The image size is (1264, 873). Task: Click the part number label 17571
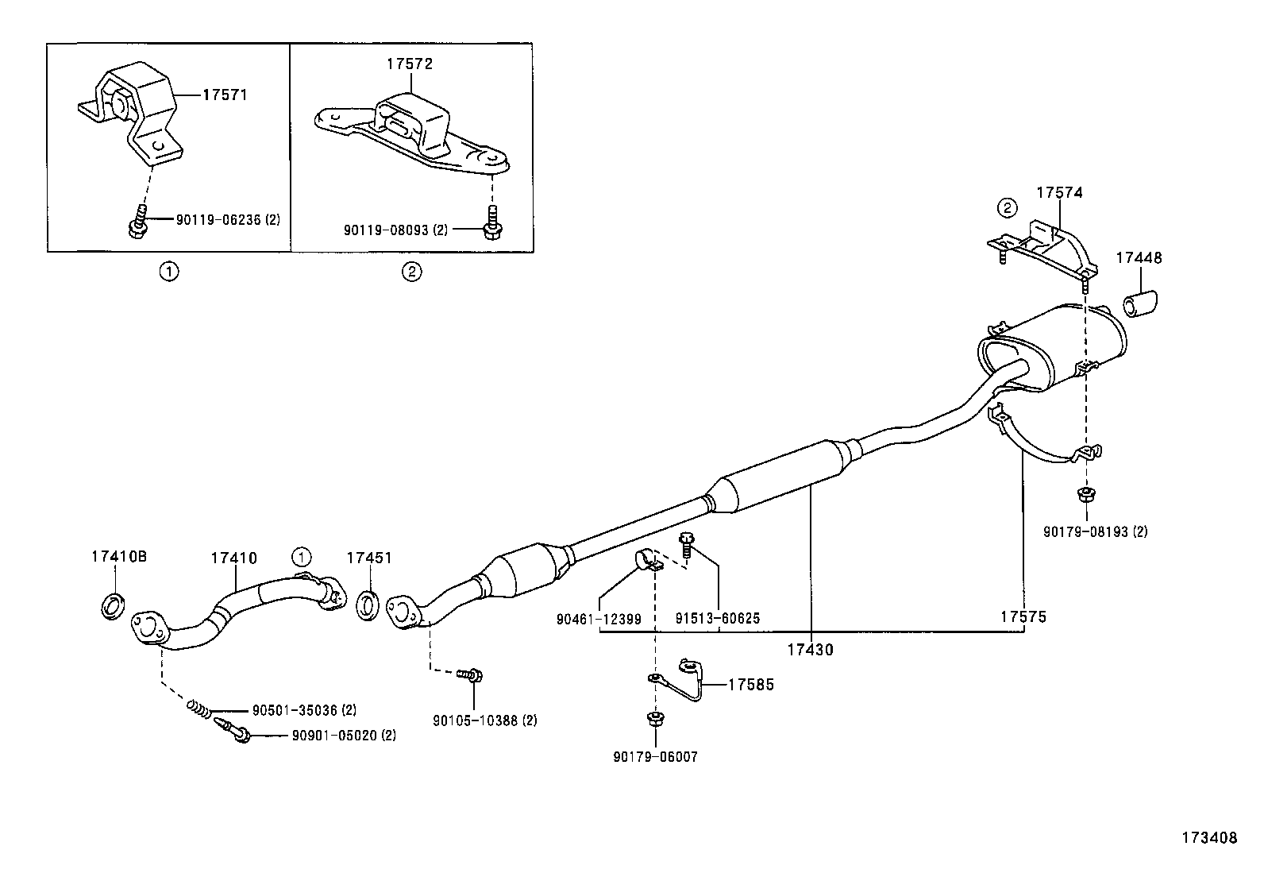tap(225, 95)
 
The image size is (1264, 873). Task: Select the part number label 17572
tap(410, 64)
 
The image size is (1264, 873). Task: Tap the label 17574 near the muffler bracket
tap(1059, 193)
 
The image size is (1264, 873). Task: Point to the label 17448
tap(1139, 258)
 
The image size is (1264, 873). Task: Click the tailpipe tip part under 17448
tap(1140, 305)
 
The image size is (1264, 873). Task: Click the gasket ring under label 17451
tap(368, 604)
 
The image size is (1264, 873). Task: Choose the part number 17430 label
tap(810, 650)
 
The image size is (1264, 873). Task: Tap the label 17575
tap(1023, 616)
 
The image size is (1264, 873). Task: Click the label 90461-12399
tap(599, 618)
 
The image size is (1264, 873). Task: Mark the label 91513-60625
tap(718, 618)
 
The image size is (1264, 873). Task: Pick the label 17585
tap(750, 685)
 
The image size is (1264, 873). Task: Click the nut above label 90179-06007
tap(655, 720)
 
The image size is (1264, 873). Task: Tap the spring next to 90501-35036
tap(199, 707)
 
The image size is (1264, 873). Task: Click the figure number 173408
tap(1208, 837)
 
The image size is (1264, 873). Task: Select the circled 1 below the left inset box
tap(168, 272)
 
